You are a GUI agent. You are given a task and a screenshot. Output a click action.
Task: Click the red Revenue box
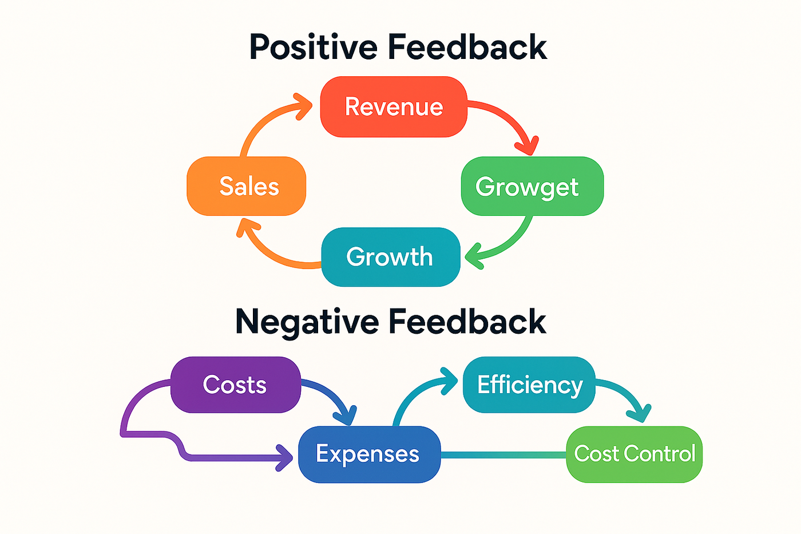(x=394, y=107)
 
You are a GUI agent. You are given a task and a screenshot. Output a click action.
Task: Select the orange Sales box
(x=247, y=186)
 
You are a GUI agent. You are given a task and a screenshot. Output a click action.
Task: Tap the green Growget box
(x=532, y=186)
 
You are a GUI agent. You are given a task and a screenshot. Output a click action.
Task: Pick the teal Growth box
(x=390, y=257)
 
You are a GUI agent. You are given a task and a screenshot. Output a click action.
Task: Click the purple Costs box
(x=235, y=385)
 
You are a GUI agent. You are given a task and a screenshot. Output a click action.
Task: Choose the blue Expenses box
(x=369, y=454)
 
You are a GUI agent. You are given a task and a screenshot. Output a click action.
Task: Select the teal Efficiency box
(x=529, y=385)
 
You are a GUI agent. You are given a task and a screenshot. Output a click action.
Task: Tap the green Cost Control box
(x=634, y=454)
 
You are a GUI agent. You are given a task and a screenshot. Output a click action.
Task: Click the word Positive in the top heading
(x=314, y=47)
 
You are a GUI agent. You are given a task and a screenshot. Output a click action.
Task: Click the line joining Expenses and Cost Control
(x=503, y=455)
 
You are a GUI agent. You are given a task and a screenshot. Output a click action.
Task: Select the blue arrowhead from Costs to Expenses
(x=347, y=416)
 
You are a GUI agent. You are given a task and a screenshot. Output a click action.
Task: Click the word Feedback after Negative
(x=467, y=322)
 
